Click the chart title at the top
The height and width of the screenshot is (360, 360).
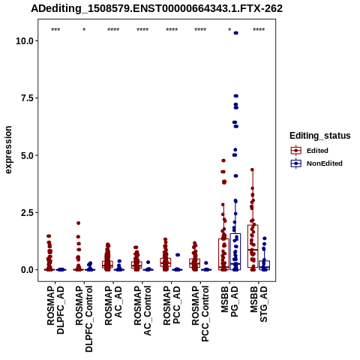pyautogui.click(x=157, y=9)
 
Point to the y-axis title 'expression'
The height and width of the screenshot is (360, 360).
pyautogui.click(x=8, y=150)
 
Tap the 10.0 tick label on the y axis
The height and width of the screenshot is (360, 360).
pyautogui.click(x=25, y=40)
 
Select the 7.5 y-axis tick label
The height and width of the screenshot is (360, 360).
pyautogui.click(x=28, y=98)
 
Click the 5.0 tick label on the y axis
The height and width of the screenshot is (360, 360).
pyautogui.click(x=28, y=155)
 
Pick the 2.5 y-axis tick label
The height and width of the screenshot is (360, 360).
pyautogui.click(x=28, y=212)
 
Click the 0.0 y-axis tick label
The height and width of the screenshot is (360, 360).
pyautogui.click(x=28, y=270)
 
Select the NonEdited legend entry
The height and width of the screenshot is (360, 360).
pyautogui.click(x=316, y=163)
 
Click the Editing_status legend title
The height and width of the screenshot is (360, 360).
pyautogui.click(x=320, y=136)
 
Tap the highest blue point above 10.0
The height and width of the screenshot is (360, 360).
pyautogui.click(x=235, y=33)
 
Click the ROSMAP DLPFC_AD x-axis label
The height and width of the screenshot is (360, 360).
pyautogui.click(x=55, y=310)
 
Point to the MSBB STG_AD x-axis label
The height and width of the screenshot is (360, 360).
pyautogui.click(x=259, y=304)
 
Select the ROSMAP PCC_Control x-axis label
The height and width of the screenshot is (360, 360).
pyautogui.click(x=200, y=313)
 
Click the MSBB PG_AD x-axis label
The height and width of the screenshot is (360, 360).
pyautogui.click(x=229, y=301)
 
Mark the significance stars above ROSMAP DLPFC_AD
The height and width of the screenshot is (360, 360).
pyautogui.click(x=55, y=30)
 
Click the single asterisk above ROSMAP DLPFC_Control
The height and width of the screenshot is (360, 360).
pyautogui.click(x=84, y=30)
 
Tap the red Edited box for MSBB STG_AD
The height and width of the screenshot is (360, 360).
pyautogui.click(x=253, y=246)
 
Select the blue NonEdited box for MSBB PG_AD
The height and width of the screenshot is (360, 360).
pyautogui.click(x=235, y=251)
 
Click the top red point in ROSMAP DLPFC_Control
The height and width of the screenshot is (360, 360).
pyautogui.click(x=78, y=223)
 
